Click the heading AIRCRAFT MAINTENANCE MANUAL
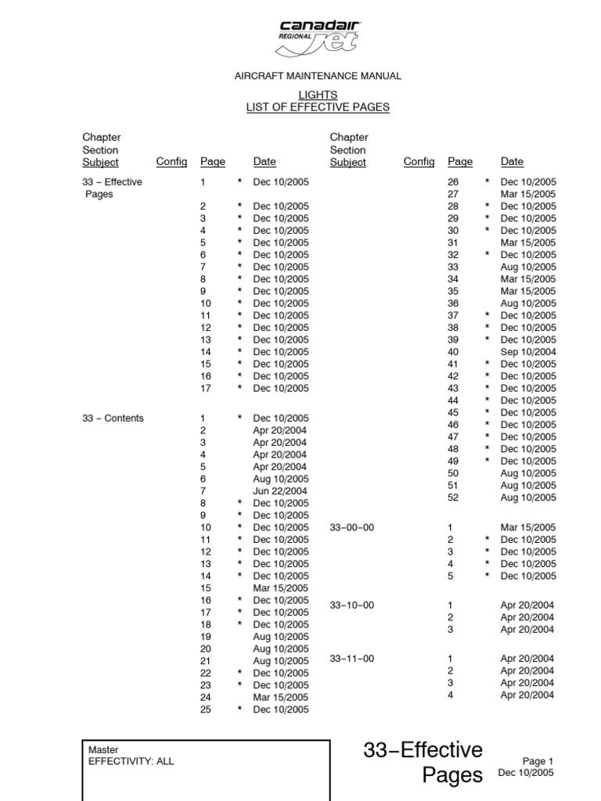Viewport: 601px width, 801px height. click(318, 76)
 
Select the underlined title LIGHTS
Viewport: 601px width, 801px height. click(318, 95)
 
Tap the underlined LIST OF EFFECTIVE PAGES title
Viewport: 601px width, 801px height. click(318, 107)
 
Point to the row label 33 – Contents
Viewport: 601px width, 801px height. click(113, 418)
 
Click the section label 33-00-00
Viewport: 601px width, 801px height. click(351, 528)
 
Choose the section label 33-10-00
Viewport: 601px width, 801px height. click(351, 605)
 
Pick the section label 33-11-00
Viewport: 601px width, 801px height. click(351, 659)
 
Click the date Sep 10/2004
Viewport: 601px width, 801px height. click(528, 352)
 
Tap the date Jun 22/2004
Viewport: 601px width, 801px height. click(281, 491)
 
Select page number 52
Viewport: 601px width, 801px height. click(452, 497)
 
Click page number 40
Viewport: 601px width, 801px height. click(452, 352)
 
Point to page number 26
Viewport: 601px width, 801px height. click(452, 182)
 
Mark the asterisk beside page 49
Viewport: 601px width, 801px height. click(487, 462)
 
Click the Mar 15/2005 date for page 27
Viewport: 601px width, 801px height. click(528, 194)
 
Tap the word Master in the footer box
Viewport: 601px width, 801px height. click(104, 749)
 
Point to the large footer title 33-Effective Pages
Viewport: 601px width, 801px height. click(423, 763)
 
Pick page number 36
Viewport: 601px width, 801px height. click(452, 304)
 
